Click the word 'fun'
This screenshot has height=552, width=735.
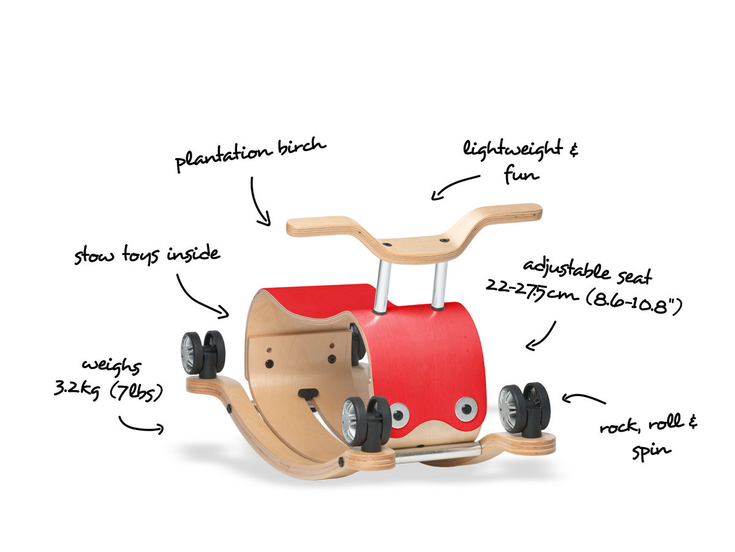(521, 174)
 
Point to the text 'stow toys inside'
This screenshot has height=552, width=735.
(147, 255)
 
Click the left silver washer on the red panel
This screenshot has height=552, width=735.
(399, 415)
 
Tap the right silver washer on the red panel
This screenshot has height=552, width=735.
(466, 409)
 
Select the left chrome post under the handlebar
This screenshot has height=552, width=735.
(382, 286)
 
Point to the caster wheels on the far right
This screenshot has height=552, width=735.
(524, 410)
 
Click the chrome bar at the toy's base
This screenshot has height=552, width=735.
(438, 453)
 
